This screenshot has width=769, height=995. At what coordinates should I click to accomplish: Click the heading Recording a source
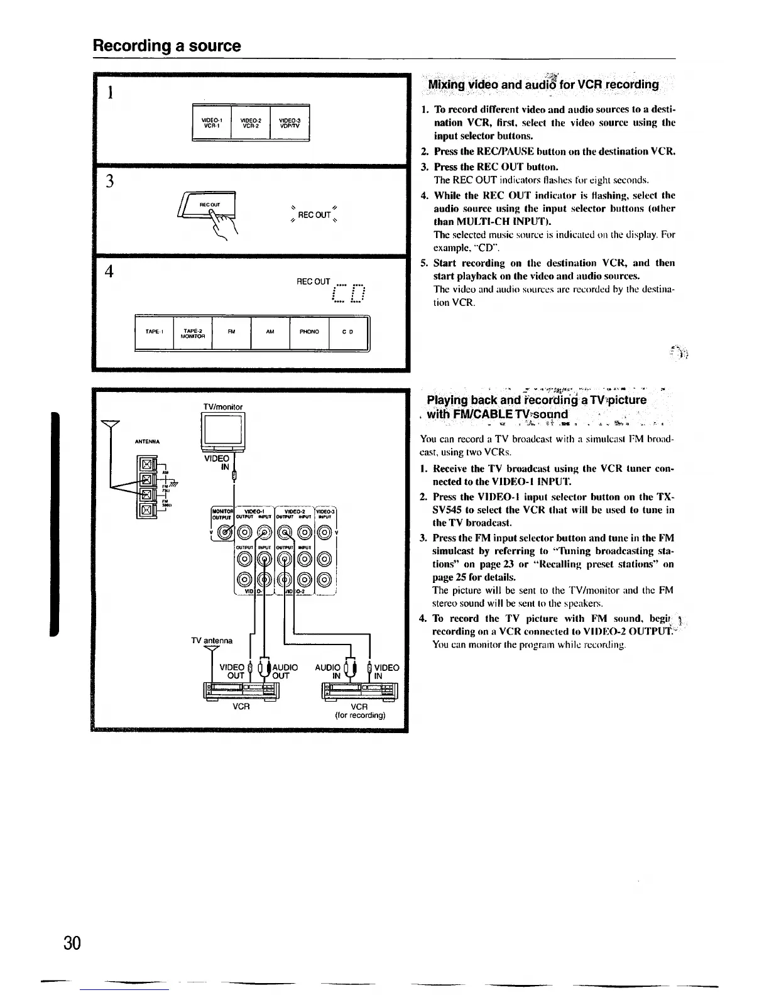(166, 46)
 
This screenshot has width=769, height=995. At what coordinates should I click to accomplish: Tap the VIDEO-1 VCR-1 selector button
(211, 122)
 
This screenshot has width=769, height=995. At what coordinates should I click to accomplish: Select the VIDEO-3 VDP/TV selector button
(290, 122)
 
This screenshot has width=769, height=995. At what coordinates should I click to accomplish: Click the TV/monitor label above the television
(223, 406)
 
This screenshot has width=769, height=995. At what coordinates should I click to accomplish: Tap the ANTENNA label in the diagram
(148, 441)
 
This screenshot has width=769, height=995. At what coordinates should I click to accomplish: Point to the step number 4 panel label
(110, 271)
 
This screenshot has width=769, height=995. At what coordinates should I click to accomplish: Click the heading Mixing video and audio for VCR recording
(543, 85)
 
